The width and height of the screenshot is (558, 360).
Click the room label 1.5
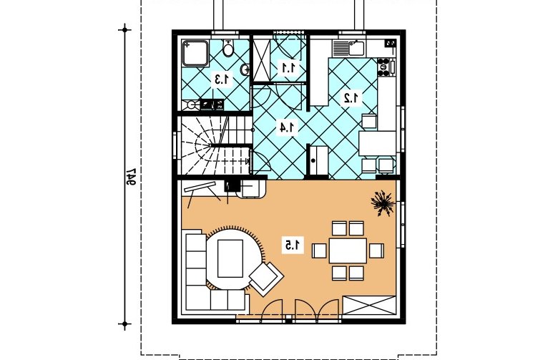click(293, 245)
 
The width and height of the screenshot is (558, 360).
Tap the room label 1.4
click(288, 127)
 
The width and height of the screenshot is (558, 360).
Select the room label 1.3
click(222, 79)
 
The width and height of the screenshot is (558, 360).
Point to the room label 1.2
click(352, 98)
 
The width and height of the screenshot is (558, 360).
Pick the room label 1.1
click(288, 67)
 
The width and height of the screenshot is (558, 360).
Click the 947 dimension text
click(132, 177)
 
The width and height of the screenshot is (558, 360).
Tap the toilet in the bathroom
click(228, 48)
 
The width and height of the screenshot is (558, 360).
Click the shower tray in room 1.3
click(195, 54)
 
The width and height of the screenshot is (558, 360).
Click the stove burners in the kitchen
click(383, 67)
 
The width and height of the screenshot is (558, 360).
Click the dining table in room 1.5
click(348, 251)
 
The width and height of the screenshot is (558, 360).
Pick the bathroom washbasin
click(245, 70)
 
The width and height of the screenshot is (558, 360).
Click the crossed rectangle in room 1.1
click(262, 60)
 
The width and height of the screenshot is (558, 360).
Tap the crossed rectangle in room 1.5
click(369, 305)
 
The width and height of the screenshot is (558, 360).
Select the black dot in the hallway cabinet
click(313, 160)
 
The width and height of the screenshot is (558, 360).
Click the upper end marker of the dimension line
click(124, 30)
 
